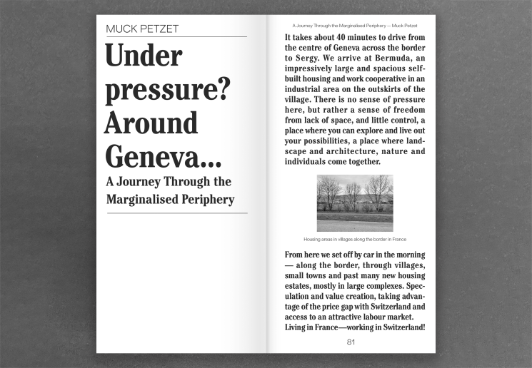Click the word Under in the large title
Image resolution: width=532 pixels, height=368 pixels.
pos(144,56)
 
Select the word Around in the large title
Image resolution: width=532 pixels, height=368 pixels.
pos(151,122)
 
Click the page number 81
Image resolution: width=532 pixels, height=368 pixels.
pos(351,342)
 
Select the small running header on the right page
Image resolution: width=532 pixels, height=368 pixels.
pos(354,26)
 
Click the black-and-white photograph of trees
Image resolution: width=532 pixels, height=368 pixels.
pos(354,203)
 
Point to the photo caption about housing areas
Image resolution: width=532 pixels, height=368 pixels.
pos(354,239)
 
